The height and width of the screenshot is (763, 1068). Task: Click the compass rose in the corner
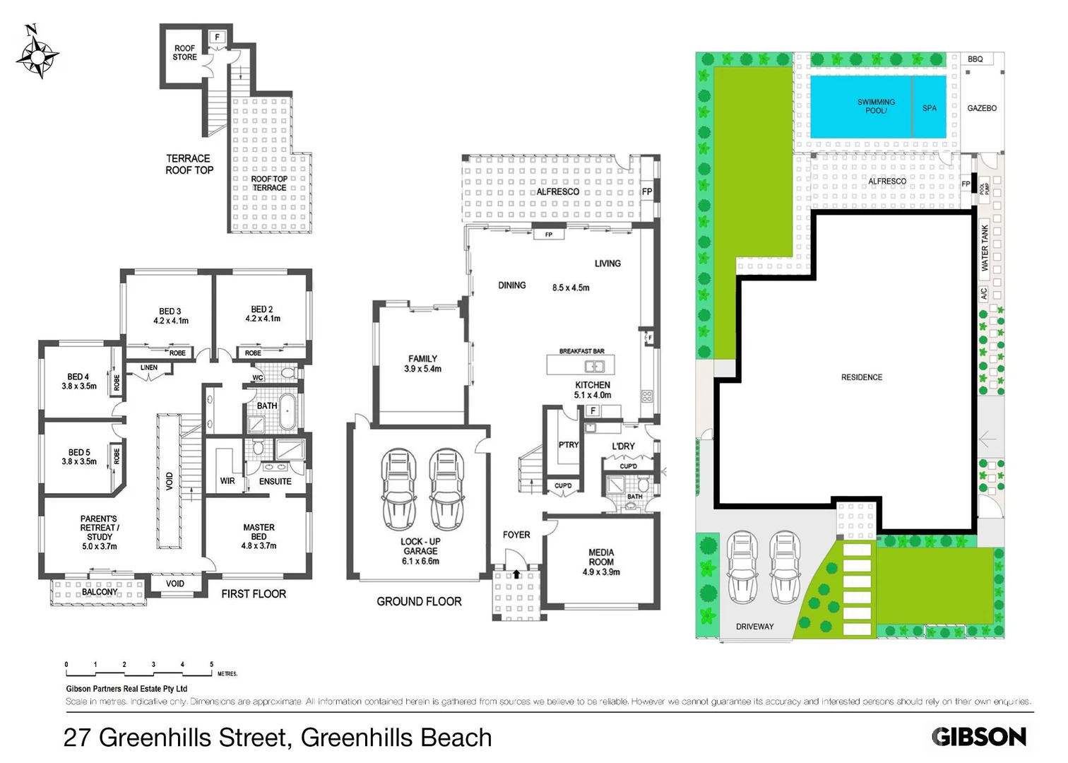pos(37,54)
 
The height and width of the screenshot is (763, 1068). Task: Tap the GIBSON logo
pos(978,737)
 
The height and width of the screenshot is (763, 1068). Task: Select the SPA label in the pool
pos(930,108)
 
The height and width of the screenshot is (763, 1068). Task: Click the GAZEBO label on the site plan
pos(982,108)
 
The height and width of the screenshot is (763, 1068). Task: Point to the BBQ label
pos(975,59)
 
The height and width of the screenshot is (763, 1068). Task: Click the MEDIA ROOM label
pos(601,557)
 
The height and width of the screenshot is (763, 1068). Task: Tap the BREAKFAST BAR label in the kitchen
pos(581,351)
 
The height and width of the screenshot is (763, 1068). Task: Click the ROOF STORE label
pos(185,53)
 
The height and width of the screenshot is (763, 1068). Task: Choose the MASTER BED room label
pos(259,532)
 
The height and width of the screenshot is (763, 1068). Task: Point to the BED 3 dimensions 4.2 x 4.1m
pos(171,321)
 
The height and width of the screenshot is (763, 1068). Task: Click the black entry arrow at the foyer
pos(516,574)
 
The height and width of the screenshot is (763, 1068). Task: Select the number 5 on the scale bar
pos(211,665)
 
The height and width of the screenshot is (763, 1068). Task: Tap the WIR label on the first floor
pos(227,481)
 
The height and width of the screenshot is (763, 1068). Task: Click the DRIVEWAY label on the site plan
pos(754,627)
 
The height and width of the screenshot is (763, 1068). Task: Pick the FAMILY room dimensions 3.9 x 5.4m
pos(422,369)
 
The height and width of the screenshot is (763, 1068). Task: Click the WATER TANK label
pos(985,248)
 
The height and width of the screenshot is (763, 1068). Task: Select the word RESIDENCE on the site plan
pos(861,377)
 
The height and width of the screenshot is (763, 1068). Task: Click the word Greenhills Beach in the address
pos(396,738)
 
